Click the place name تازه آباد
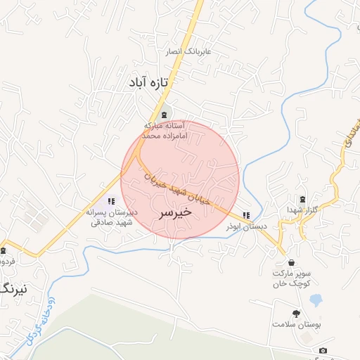click(150, 83)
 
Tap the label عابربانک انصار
click(188, 52)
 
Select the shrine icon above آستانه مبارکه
click(164, 114)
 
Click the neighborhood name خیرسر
click(175, 212)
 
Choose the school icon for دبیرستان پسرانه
click(112, 202)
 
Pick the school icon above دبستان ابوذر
click(245, 215)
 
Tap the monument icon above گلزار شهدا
click(303, 199)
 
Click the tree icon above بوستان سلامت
click(296, 314)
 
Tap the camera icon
click(323, 350)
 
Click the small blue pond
click(316, 300)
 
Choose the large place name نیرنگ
click(15, 288)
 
